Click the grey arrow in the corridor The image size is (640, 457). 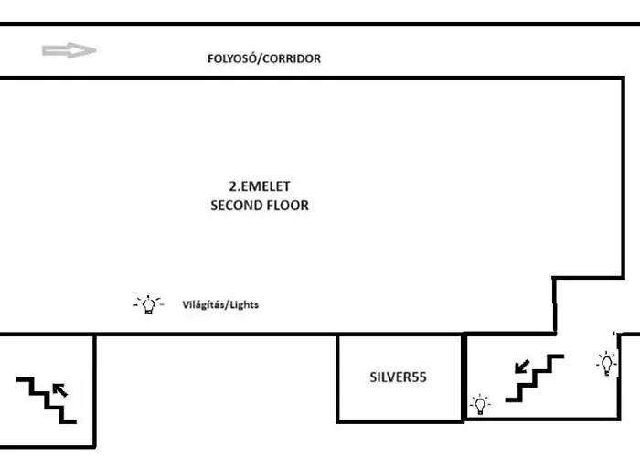69,50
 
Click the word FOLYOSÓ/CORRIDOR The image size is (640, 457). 264,58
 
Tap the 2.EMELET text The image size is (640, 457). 260,186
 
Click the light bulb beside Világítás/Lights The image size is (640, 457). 149,304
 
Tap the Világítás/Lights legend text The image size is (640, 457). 220,304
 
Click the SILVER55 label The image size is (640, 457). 398,377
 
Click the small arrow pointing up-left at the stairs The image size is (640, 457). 60,390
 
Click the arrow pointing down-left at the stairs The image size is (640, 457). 522,367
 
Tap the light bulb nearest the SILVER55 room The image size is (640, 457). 480,404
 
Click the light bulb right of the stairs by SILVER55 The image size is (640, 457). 607,363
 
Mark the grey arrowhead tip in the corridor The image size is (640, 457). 97,50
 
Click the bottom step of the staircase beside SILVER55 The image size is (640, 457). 513,399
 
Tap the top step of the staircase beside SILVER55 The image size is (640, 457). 557,356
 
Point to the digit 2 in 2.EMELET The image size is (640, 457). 232,186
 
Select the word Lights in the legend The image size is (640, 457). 244,304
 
